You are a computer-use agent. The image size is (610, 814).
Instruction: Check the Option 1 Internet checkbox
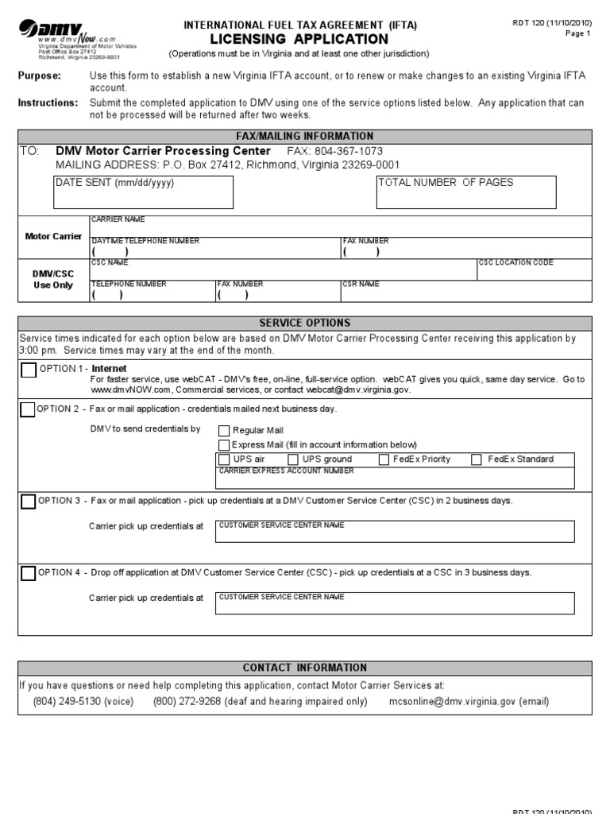[x=29, y=370]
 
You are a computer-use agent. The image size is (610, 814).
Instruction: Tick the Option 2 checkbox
[x=28, y=410]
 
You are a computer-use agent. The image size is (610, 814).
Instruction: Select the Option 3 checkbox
[x=29, y=502]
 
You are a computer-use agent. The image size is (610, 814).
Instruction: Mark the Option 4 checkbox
[x=29, y=573]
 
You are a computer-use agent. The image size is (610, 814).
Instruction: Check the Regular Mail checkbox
[x=224, y=431]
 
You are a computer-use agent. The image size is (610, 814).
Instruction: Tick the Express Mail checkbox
[x=224, y=445]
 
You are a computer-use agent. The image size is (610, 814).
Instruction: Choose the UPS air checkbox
[x=224, y=459]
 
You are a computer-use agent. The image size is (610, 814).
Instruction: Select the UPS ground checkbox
[x=293, y=459]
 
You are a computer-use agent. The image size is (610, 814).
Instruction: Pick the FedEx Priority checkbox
[x=384, y=459]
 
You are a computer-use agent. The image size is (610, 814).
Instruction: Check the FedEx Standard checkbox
[x=477, y=459]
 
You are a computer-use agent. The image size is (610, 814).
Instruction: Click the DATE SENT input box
[x=143, y=192]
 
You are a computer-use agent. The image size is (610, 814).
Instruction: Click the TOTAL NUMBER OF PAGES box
[x=466, y=192]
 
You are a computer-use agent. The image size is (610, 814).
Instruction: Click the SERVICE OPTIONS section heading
[x=305, y=324]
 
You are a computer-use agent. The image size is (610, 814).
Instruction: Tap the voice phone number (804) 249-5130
[x=83, y=702]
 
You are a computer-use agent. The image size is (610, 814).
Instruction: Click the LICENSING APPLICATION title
[x=299, y=39]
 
